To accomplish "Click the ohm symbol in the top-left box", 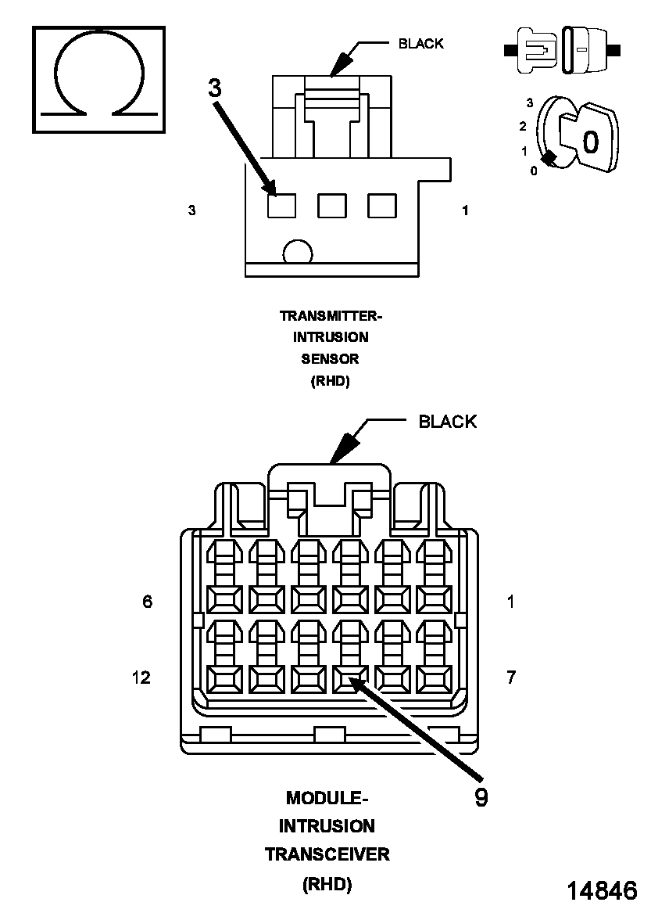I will (x=98, y=77).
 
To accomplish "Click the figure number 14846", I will (x=601, y=890).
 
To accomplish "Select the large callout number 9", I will (x=481, y=796).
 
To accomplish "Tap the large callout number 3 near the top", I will (x=215, y=88).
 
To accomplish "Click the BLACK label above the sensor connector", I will (x=420, y=44).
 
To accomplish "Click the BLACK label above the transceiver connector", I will (x=447, y=422).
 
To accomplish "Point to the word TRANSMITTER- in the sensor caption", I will (x=331, y=316).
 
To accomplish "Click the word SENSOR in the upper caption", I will (x=331, y=359).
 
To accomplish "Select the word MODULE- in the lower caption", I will (x=326, y=798).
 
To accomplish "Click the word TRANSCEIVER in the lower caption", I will (x=327, y=854).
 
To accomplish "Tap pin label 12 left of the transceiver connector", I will (x=141, y=678).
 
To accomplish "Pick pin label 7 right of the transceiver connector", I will (x=510, y=678).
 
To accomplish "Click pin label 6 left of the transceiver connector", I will (x=147, y=602).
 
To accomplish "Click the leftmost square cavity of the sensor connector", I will (x=281, y=206).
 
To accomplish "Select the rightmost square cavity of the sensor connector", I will (x=382, y=206).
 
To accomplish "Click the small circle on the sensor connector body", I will (x=297, y=253).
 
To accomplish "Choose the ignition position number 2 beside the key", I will (x=523, y=126).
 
